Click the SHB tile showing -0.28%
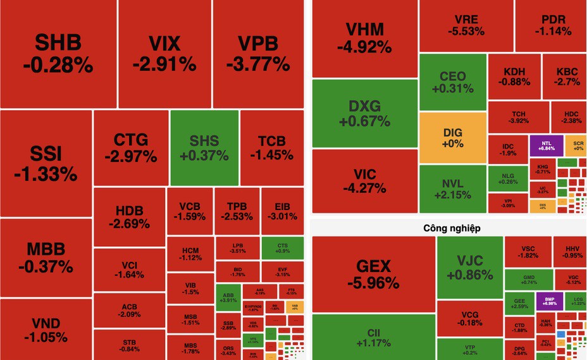pyautogui.click(x=58, y=54)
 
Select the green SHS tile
pyautogui.click(x=204, y=147)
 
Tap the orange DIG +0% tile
pyautogui.click(x=453, y=137)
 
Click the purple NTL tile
pyautogui.click(x=546, y=146)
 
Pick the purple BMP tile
pyautogui.click(x=549, y=301)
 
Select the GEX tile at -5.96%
pyautogui.click(x=374, y=273)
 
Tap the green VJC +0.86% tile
pyautogui.click(x=470, y=268)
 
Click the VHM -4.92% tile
pyautogui.click(x=365, y=38)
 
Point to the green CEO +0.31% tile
pyautogui.click(x=452, y=82)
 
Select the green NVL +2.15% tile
pyautogui.click(x=452, y=189)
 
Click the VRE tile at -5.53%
pyautogui.click(x=466, y=24)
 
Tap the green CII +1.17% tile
pyautogui.click(x=374, y=337)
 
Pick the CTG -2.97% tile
pyautogui.click(x=131, y=147)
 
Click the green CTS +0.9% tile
pyautogui.click(x=283, y=247)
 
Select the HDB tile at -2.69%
pyautogui.click(x=130, y=216)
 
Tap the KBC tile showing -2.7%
pyautogui.click(x=567, y=76)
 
